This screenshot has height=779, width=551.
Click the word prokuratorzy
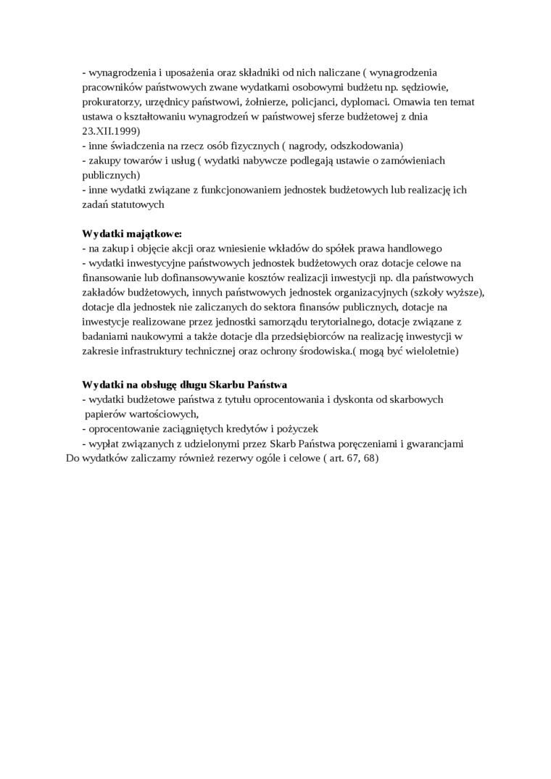(110, 102)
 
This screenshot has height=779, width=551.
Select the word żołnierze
(246, 102)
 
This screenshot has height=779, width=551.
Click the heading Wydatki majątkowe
(131, 233)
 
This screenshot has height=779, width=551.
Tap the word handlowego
(415, 248)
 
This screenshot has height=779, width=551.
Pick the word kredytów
(245, 428)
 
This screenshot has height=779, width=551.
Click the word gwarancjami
(433, 443)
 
